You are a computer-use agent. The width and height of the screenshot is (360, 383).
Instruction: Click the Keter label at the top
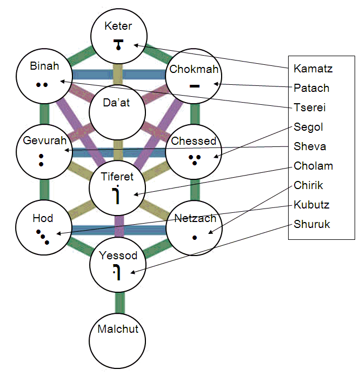tap(118, 26)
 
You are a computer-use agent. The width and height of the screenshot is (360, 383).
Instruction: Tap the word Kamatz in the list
tap(313, 69)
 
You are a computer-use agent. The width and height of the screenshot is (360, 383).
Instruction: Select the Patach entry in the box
tap(311, 88)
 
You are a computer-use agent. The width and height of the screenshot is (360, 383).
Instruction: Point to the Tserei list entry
tap(310, 107)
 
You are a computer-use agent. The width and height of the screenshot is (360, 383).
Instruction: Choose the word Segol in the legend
tap(308, 127)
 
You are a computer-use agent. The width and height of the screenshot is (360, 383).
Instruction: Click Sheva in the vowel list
tap(310, 146)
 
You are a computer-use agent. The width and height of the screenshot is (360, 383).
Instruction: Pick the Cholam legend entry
tap(314, 166)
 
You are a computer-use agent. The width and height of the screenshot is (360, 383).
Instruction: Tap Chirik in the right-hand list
tap(308, 185)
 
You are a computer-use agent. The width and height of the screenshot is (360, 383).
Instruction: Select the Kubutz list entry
tap(311, 205)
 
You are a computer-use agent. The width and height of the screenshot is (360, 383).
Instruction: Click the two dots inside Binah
tap(42, 84)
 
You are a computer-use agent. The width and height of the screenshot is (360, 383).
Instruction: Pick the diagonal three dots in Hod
tap(43, 238)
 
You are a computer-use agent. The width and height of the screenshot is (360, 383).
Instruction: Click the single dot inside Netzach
tap(195, 238)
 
